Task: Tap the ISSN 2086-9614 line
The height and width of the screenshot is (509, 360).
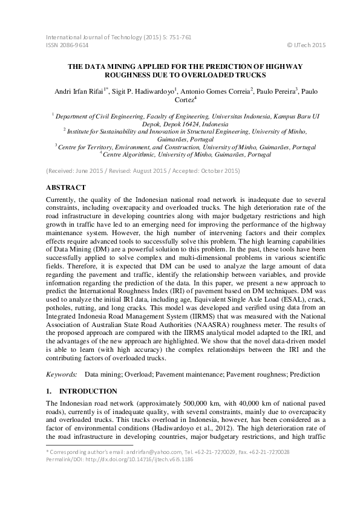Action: (x=67, y=45)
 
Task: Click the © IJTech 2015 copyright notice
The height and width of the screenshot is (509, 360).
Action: (x=306, y=45)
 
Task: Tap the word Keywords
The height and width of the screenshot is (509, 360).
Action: (x=61, y=375)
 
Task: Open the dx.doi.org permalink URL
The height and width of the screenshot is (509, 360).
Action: (x=142, y=459)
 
